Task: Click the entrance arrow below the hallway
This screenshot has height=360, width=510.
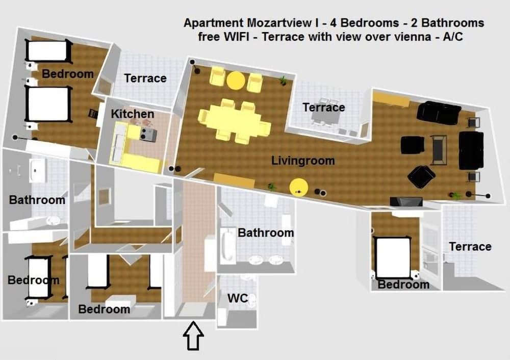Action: click(193, 336)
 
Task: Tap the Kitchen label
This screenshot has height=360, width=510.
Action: click(133, 114)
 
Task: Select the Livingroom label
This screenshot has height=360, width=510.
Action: click(303, 161)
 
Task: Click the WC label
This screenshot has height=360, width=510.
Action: click(238, 298)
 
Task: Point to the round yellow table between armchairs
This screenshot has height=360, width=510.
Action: click(236, 80)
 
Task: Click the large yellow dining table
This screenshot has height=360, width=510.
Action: click(234, 120)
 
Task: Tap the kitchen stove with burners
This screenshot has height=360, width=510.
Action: click(148, 134)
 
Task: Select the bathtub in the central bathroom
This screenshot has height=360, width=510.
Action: click(227, 246)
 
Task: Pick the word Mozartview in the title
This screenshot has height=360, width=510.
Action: click(279, 23)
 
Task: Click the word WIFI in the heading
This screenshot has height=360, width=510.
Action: click(236, 37)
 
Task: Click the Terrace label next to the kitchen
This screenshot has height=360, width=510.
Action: click(145, 79)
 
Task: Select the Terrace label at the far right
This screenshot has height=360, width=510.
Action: click(470, 247)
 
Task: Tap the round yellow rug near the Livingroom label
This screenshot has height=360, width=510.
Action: click(298, 188)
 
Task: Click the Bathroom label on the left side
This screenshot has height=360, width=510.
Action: click(37, 200)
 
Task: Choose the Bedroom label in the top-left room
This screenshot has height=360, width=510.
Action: click(68, 74)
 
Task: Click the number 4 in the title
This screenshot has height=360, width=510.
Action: click(334, 23)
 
